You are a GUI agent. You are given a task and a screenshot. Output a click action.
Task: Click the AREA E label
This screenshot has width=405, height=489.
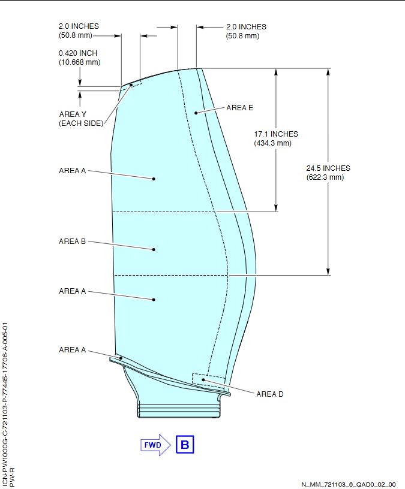tap(239, 108)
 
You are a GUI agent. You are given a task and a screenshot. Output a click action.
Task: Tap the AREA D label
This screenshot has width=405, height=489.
tap(270, 394)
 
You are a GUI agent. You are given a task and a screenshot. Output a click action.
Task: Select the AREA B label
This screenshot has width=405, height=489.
tap(72, 242)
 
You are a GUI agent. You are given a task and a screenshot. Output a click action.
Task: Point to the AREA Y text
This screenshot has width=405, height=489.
tap(73, 114)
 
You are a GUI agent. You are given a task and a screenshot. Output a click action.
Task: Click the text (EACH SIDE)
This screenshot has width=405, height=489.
tap(81, 123)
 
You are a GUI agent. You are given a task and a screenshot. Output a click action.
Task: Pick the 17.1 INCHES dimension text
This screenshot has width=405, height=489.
tap(276, 134)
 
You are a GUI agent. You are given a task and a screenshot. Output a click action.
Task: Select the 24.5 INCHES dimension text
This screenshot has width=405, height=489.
tap(328, 168)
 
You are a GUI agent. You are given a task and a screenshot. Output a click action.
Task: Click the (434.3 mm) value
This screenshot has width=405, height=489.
tap(273, 143)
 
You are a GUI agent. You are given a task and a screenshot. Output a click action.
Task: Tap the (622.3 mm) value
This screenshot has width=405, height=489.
tap(325, 177)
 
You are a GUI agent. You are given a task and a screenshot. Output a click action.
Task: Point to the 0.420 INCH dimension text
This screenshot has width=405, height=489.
tap(78, 53)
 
